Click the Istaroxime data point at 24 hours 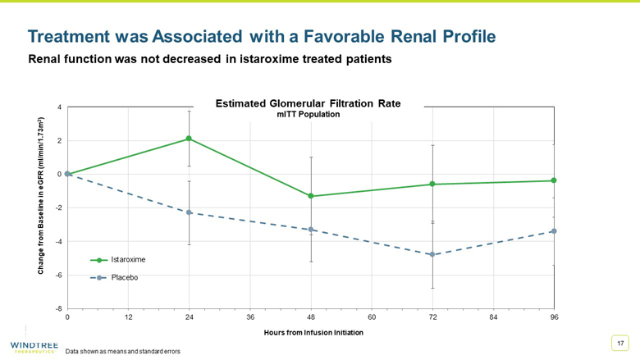pos(189,139)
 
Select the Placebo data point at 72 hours pos(432,255)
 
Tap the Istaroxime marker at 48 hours pos(311,196)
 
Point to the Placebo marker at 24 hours pos(189,212)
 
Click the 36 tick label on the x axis pos(250,317)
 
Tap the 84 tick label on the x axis pos(494,317)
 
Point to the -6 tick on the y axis pos(58,275)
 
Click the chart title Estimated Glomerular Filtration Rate pos(318,104)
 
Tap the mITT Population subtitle pos(318,115)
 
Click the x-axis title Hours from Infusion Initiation pos(313,333)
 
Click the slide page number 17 pos(620,342)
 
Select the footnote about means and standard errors pos(122,351)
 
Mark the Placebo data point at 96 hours pos(554,231)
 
